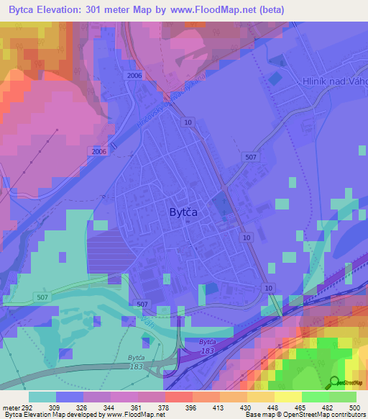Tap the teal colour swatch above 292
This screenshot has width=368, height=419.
click(x=42, y=397)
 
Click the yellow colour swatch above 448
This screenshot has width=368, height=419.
click(x=260, y=397)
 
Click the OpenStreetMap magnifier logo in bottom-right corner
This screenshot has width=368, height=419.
click(x=336, y=382)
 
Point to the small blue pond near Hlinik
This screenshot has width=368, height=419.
click(x=275, y=78)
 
